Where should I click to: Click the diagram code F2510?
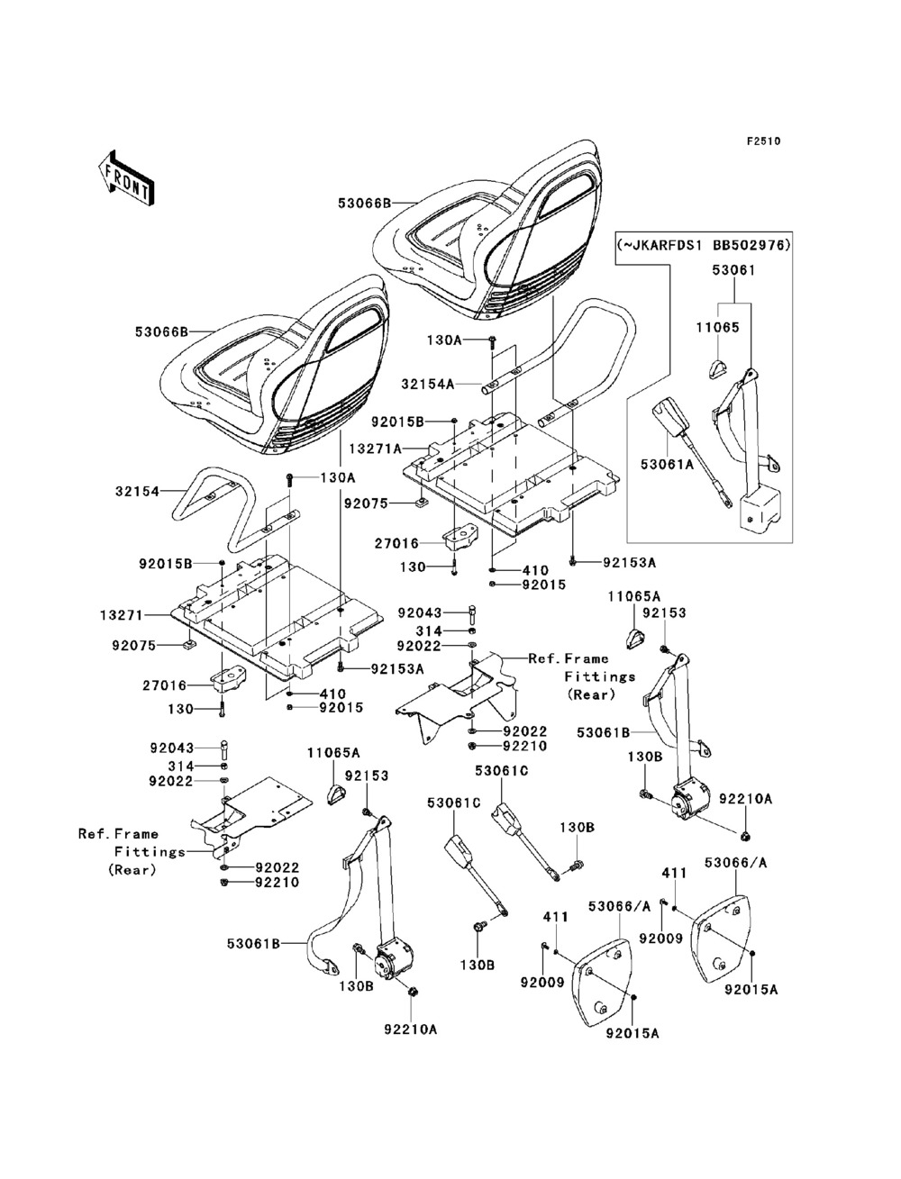click(x=762, y=141)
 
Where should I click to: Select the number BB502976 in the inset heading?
click(x=750, y=245)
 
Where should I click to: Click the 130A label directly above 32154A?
click(x=444, y=340)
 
